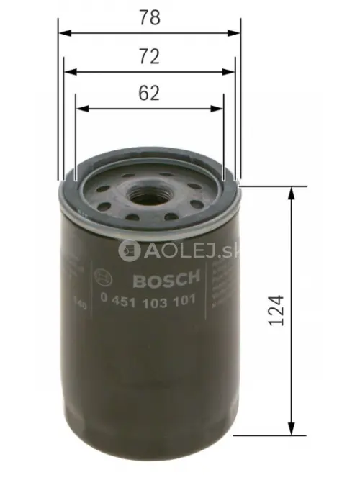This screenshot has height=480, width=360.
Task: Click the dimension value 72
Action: point(149,56)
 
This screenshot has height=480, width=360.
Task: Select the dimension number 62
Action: point(149,94)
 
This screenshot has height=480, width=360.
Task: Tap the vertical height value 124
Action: point(276,309)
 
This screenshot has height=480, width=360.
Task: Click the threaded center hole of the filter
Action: point(150,193)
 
